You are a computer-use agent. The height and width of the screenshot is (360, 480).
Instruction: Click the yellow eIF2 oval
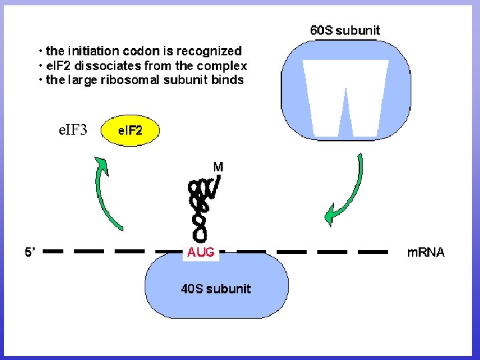(x=130, y=131)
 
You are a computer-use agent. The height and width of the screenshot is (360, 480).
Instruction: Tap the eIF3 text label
(x=73, y=129)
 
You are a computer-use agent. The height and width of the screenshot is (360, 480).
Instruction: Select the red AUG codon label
(x=201, y=253)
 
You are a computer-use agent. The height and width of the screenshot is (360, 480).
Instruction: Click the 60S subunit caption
(x=345, y=30)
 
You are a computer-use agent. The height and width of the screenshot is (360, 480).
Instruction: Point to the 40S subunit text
(x=216, y=289)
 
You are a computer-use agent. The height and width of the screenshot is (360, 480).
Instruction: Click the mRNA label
(x=425, y=253)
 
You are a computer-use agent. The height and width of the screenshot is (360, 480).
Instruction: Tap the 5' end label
(x=31, y=253)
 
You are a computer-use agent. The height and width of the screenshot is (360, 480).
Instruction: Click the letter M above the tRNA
(x=218, y=166)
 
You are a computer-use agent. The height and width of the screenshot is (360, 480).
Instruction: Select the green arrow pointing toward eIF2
(x=107, y=193)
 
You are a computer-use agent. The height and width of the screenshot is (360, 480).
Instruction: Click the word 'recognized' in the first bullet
(x=209, y=51)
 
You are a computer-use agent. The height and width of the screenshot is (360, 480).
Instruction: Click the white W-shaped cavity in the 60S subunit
(x=345, y=97)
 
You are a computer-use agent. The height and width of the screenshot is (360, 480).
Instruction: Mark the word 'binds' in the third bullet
(x=227, y=80)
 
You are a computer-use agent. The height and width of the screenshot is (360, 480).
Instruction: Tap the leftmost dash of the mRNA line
(x=55, y=252)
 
